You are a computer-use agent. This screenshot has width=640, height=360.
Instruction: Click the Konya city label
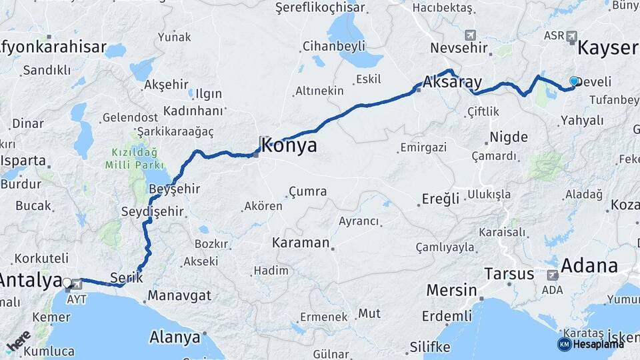[289, 147]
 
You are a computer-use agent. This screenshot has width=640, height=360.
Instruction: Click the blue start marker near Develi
[573, 81]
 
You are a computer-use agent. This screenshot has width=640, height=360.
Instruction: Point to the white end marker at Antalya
[67, 283]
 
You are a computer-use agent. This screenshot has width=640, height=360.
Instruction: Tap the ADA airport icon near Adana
[552, 275]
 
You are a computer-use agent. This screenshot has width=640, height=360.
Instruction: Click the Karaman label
[300, 243]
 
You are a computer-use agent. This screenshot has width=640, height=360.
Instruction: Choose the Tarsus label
[509, 274]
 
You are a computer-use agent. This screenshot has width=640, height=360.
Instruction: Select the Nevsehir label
[460, 49]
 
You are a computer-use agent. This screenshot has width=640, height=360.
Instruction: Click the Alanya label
[175, 337]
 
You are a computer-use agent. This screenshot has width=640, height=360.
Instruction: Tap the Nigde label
[509, 137]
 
